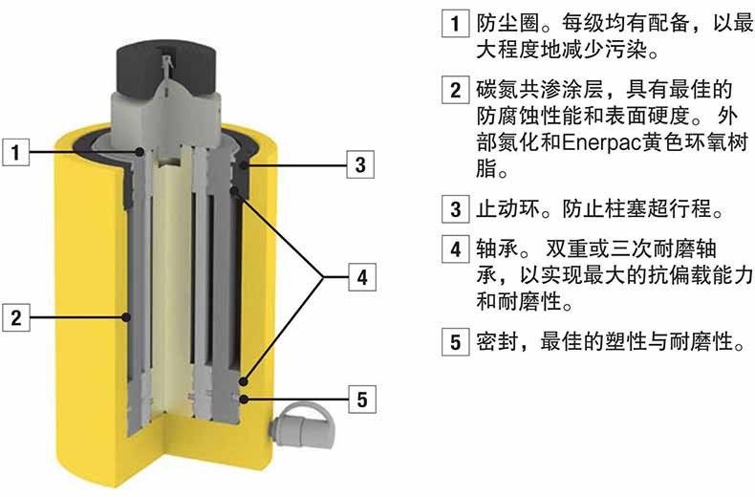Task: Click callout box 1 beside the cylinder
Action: (16, 152)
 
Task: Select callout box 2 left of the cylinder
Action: (16, 317)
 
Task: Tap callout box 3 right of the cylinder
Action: (360, 164)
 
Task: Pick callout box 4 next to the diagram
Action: (362, 277)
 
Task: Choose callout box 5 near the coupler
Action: (362, 400)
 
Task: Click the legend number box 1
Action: (456, 23)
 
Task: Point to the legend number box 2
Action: (456, 90)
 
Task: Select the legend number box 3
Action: (456, 208)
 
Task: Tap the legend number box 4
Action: (456, 248)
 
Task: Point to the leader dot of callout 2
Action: (127, 317)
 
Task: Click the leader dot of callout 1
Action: (140, 152)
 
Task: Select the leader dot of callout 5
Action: (244, 399)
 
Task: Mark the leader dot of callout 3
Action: (244, 165)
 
